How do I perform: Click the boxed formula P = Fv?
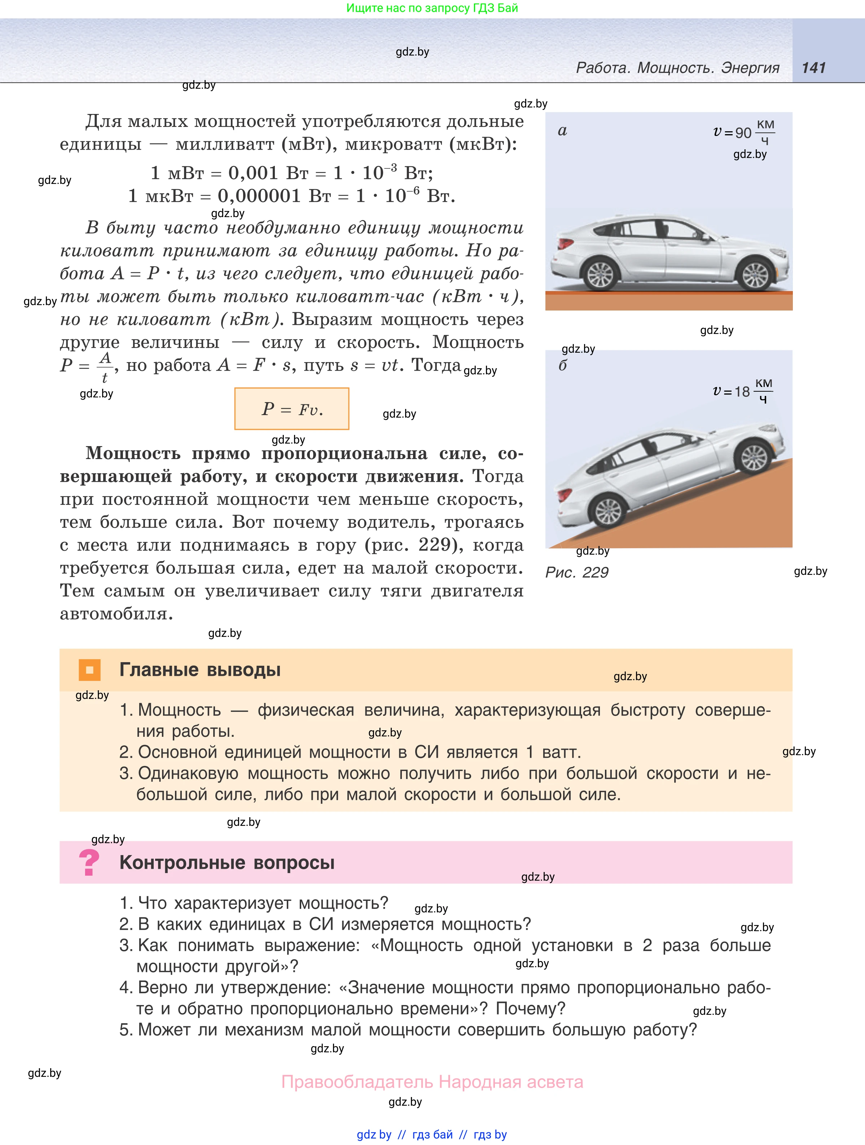(x=292, y=409)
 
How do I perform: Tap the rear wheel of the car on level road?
(x=601, y=275)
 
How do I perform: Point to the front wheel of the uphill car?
(x=754, y=457)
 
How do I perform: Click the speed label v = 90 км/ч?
(x=743, y=132)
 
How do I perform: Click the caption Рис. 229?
(x=577, y=572)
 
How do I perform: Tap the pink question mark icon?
(x=89, y=863)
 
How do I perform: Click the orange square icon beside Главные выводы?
(x=89, y=670)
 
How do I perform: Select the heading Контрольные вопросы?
(x=227, y=863)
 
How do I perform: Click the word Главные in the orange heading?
(x=159, y=670)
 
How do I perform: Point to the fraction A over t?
(x=105, y=366)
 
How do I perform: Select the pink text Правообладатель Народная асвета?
(x=432, y=1082)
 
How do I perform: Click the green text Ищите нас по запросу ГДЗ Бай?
(x=432, y=8)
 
